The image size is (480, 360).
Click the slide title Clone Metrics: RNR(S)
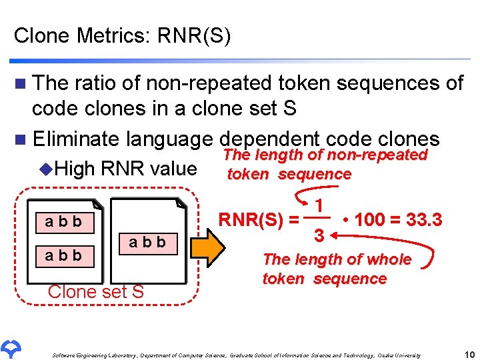pyautogui.click(x=123, y=35)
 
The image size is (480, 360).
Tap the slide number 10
pyautogui.click(x=468, y=354)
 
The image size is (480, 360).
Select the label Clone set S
pyautogui.click(x=96, y=291)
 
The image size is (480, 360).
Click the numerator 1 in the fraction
pyautogui.click(x=321, y=205)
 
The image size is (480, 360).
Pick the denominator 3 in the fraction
pyautogui.click(x=320, y=236)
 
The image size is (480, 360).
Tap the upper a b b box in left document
pyautogui.click(x=63, y=222)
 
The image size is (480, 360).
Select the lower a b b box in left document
pyautogui.click(x=63, y=255)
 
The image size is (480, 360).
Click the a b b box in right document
pyautogui.click(x=147, y=241)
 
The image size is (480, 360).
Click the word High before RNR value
pyautogui.click(x=75, y=169)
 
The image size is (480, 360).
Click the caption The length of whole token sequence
pyautogui.click(x=337, y=269)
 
